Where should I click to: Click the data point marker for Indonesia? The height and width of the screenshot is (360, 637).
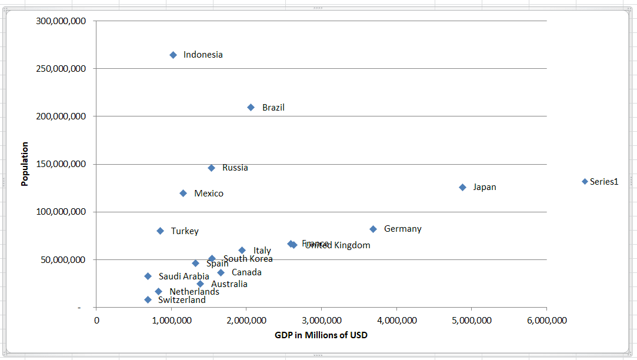[173, 55]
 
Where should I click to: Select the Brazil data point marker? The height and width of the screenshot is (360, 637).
[251, 108]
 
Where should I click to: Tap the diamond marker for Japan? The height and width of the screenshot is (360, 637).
[462, 187]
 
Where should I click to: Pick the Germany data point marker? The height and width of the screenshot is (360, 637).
[373, 229]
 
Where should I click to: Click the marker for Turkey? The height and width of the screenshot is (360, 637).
[160, 231]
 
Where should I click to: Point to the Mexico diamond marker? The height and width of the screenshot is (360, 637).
[183, 193]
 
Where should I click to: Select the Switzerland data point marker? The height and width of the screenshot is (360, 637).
[148, 299]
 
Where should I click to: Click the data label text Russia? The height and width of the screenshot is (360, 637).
[235, 168]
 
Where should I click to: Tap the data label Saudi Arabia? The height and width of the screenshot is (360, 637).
[184, 276]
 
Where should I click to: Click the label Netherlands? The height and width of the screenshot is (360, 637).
[194, 291]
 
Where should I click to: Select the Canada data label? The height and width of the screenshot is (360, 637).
[246, 272]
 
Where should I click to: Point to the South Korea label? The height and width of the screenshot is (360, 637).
[248, 259]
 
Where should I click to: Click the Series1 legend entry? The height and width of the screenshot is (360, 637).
[603, 182]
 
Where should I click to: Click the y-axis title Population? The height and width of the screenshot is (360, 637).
[25, 164]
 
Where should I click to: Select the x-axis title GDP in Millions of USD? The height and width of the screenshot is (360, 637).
[321, 335]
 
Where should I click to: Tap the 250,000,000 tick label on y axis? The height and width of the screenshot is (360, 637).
[61, 69]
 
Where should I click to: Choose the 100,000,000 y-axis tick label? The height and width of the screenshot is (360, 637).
[61, 212]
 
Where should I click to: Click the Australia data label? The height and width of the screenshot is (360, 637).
[229, 284]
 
